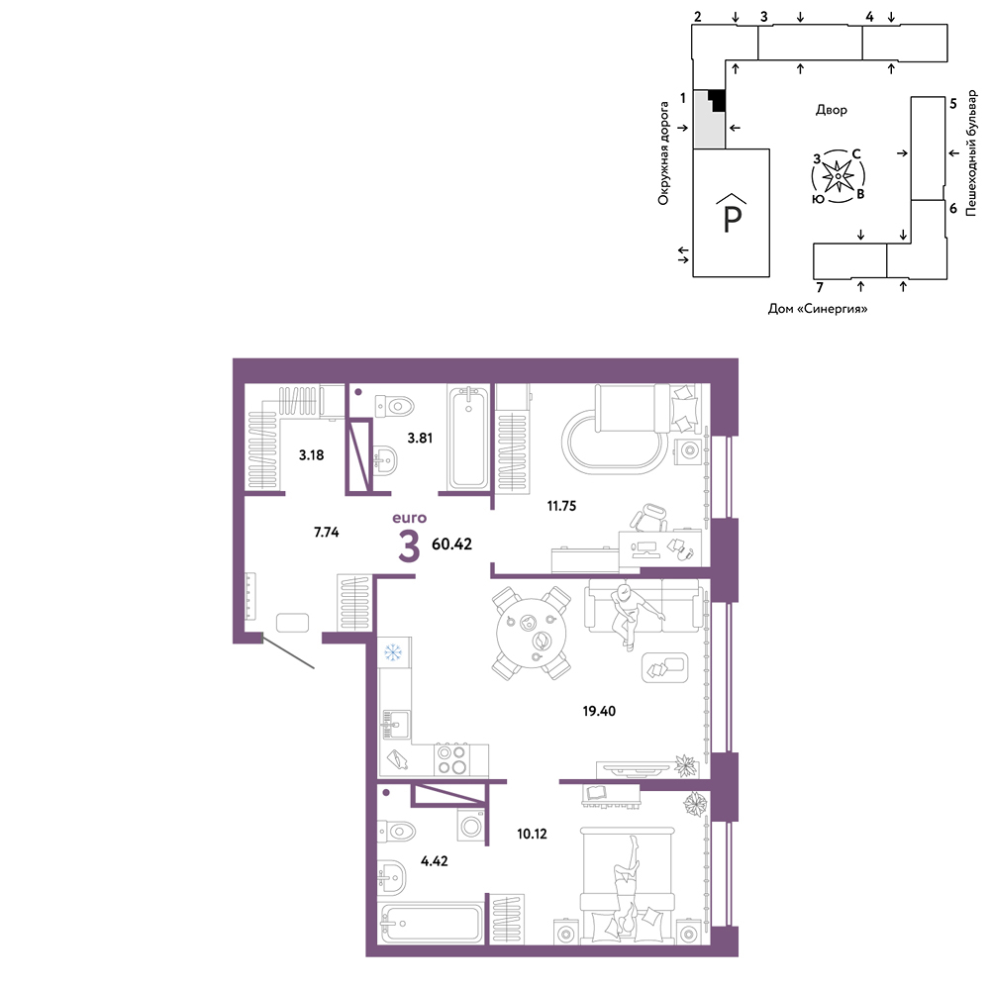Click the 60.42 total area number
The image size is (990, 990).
(x=451, y=544)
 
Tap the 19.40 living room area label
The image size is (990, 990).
(x=599, y=711)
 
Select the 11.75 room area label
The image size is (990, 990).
(x=561, y=506)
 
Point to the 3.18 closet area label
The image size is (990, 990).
(x=311, y=454)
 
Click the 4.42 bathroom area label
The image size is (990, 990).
(x=435, y=860)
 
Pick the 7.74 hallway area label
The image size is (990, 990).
(x=327, y=533)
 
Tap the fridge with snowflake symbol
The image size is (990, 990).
(x=394, y=652)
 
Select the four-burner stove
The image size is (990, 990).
(x=452, y=759)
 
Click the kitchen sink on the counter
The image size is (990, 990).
(x=395, y=725)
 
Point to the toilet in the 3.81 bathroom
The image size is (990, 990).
(x=394, y=406)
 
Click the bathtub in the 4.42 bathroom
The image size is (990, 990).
(x=431, y=925)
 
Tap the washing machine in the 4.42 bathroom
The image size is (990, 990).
(x=471, y=825)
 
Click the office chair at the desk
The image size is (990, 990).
(x=648, y=519)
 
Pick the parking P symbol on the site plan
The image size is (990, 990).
(x=732, y=214)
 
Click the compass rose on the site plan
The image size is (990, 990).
(x=839, y=176)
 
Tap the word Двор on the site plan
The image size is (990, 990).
(x=831, y=110)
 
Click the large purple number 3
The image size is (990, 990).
(x=409, y=546)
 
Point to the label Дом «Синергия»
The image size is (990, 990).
(x=818, y=309)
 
